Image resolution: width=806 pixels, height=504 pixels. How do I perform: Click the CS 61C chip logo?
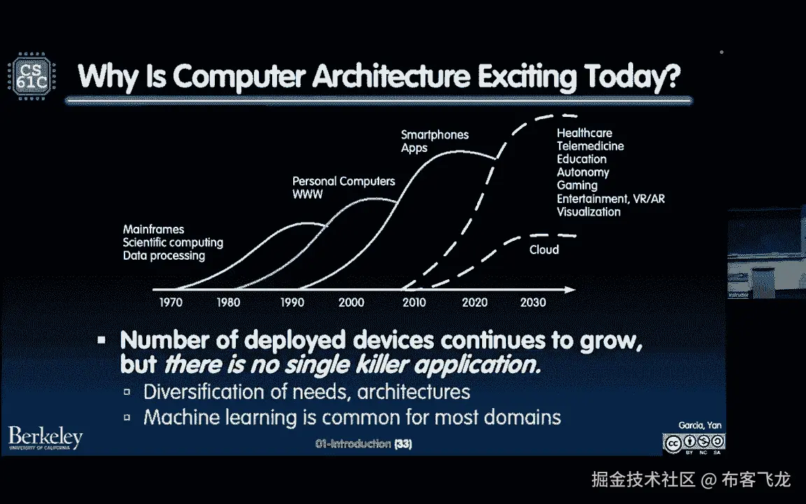[32, 76]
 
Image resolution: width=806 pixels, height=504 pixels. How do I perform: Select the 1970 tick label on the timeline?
[171, 302]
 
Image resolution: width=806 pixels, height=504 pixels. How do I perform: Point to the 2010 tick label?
[413, 302]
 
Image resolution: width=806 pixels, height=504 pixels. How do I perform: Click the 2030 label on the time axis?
[532, 302]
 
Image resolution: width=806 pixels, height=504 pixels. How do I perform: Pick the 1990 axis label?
[292, 302]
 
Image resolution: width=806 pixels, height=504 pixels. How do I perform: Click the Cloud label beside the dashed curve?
[544, 250]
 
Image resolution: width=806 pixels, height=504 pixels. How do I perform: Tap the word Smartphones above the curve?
[435, 134]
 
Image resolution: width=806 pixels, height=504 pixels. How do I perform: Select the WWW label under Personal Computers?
[307, 195]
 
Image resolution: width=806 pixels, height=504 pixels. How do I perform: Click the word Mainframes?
[153, 230]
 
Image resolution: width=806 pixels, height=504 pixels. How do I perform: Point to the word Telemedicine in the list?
[590, 146]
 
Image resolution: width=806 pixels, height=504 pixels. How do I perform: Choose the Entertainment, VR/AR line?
[611, 199]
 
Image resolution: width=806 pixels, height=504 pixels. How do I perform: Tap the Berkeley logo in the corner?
[45, 438]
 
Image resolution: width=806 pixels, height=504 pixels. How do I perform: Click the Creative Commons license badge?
[694, 443]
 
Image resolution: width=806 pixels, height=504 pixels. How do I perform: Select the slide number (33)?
[403, 444]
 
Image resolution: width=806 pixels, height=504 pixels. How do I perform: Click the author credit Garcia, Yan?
[700, 426]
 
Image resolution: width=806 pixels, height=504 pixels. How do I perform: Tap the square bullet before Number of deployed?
[101, 340]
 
